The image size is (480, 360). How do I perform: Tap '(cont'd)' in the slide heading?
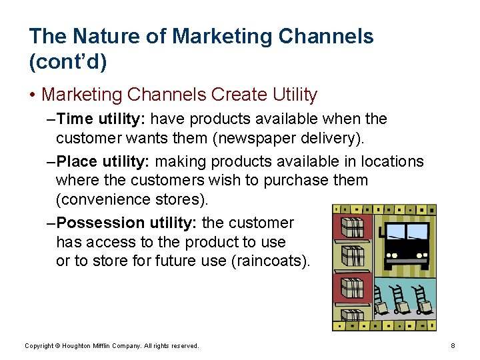(68, 62)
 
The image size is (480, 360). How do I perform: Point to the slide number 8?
(453, 346)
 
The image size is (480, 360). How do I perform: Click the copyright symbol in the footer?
(57, 346)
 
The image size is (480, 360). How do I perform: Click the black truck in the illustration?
(406, 241)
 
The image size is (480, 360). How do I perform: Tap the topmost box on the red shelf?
(352, 227)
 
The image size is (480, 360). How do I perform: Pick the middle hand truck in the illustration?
(401, 300)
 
